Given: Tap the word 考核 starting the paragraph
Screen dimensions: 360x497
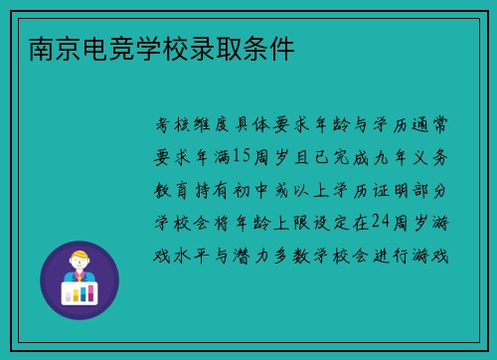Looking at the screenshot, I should point(175,125).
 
